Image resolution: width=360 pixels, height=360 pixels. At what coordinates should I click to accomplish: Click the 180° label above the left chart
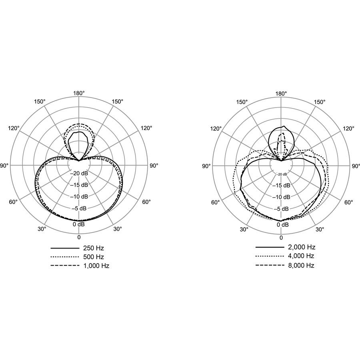[x=79, y=93]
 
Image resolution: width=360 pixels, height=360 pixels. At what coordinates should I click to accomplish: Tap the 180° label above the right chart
[x=281, y=94]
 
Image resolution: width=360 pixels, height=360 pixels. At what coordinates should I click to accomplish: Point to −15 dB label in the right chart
[x=281, y=186]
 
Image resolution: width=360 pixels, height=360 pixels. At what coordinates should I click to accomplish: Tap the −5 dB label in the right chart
[x=281, y=209]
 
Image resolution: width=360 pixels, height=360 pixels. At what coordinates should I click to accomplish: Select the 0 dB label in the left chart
[x=79, y=224]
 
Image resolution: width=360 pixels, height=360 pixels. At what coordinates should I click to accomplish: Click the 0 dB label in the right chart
[x=281, y=225]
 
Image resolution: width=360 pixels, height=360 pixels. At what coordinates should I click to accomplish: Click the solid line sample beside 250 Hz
[x=64, y=248]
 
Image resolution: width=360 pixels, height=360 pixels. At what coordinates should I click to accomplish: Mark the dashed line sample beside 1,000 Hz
[x=64, y=266]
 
